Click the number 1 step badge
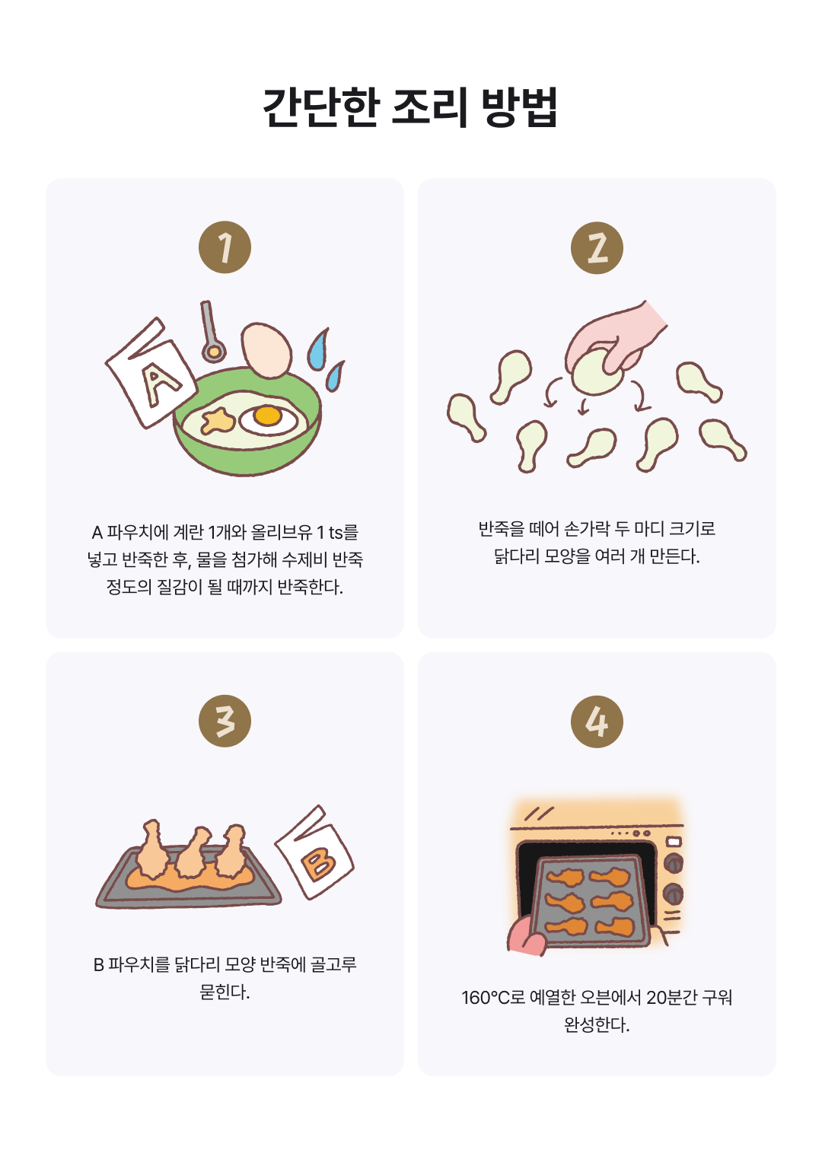pyautogui.click(x=225, y=247)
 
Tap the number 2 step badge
pyautogui.click(x=597, y=247)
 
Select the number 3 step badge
pyautogui.click(x=225, y=721)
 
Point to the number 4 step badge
pyautogui.click(x=597, y=722)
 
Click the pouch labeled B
pyautogui.click(x=314, y=852)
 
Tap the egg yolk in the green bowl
pyautogui.click(x=267, y=416)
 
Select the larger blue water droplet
pyautogui.click(x=318, y=350)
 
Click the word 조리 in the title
pyautogui.click(x=429, y=107)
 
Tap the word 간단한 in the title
pyautogui.click(x=321, y=107)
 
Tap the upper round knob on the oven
pyautogui.click(x=673, y=863)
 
